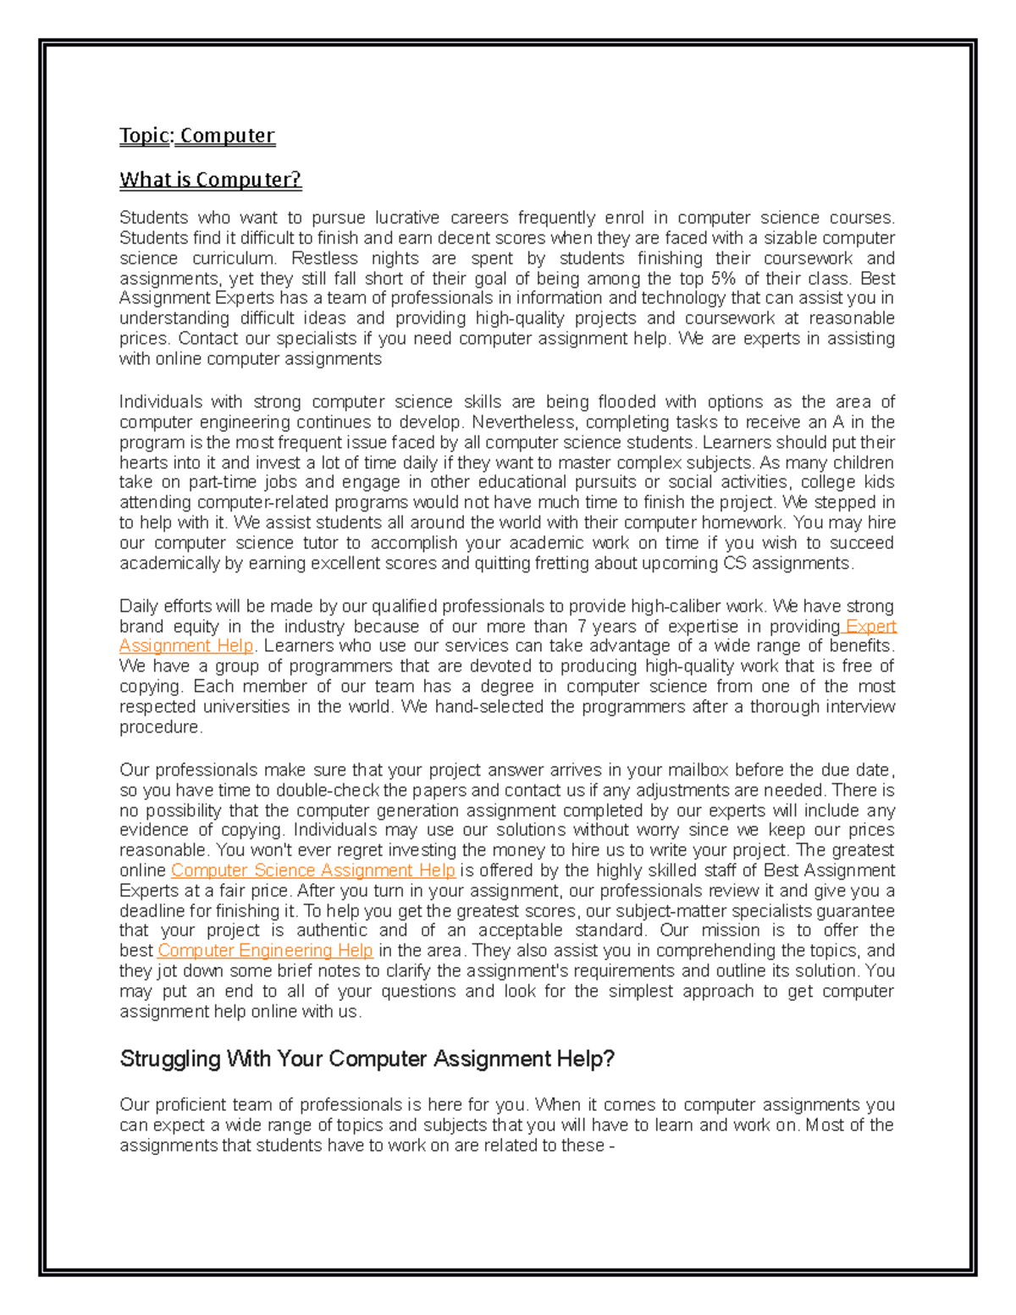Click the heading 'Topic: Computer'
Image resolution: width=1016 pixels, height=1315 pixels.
[x=197, y=135]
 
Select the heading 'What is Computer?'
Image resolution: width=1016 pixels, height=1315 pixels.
[x=210, y=180]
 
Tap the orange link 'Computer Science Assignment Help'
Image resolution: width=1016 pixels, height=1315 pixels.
[x=313, y=870]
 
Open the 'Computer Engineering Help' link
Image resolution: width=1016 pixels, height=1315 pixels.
[x=265, y=950]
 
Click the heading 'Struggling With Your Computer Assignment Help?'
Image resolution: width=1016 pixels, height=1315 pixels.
[x=367, y=1058]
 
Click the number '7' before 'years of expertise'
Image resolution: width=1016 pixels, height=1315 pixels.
[x=581, y=627]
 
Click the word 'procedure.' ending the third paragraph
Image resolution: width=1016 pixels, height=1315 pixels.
[x=161, y=727]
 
